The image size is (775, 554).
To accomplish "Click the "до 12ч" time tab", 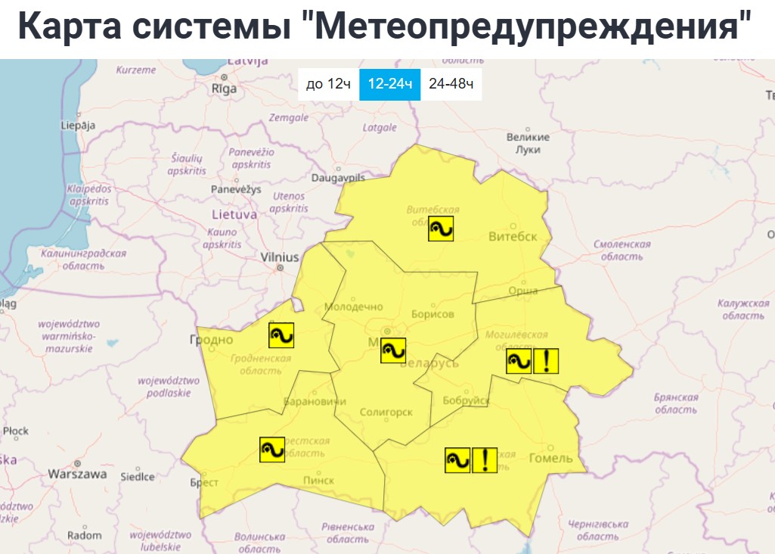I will point(328,84).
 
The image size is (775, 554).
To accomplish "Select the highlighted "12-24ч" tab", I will point(389,84).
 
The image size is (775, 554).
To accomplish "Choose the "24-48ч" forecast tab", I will point(451,84).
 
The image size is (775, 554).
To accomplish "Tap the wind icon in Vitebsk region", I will point(441,229).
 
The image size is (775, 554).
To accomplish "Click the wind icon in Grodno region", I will point(281,335).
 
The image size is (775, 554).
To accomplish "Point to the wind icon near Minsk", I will point(393,350).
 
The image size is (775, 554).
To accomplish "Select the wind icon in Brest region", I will point(271,450).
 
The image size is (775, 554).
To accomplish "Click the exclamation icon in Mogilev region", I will point(546,361).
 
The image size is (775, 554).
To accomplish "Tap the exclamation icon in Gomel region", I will point(485,459).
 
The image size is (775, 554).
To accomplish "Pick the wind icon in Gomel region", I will point(457,459).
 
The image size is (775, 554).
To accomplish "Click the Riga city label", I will point(224,89).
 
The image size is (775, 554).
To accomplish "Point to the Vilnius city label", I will point(280,257).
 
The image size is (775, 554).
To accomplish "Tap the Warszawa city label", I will point(77,475).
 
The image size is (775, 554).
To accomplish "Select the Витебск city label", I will point(513,236).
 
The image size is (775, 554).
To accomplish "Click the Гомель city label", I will point(550,459).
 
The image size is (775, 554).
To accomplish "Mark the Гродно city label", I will point(211,340).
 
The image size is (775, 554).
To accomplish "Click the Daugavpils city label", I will point(338,178).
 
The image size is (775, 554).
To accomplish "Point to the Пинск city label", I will point(318,481).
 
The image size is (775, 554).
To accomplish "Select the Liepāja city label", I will point(78,126).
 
